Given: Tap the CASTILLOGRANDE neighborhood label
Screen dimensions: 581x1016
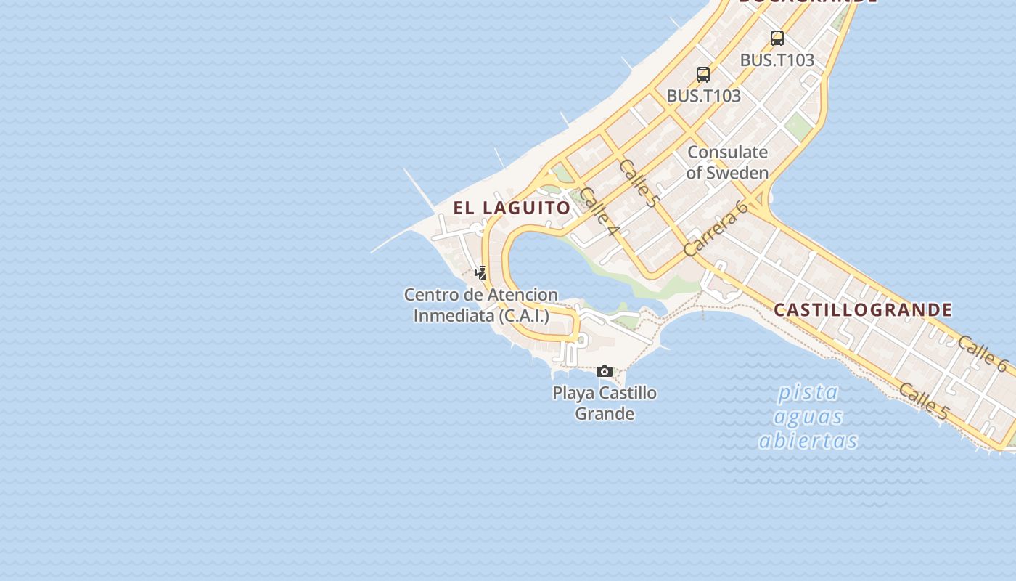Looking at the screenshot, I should [x=863, y=310].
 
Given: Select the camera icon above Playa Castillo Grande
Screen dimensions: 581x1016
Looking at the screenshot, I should [x=604, y=372].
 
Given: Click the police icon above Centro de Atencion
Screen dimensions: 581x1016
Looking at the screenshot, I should [x=480, y=273].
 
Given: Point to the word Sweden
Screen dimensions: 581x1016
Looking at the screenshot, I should [x=737, y=173].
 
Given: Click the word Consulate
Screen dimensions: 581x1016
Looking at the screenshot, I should [x=727, y=153].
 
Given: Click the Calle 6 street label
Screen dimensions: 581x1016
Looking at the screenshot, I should [x=983, y=354].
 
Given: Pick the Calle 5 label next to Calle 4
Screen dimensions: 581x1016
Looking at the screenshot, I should [x=639, y=183].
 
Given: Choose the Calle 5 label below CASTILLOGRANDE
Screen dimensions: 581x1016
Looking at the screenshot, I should [x=924, y=402].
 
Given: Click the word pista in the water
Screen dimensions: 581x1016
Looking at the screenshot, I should [x=808, y=393].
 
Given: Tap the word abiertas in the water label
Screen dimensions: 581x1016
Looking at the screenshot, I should [x=808, y=441].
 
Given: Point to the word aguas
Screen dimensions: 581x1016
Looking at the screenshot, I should [x=808, y=417].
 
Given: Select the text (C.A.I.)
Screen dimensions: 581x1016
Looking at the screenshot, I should [x=523, y=316].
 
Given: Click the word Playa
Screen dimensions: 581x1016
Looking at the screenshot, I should [x=573, y=394].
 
